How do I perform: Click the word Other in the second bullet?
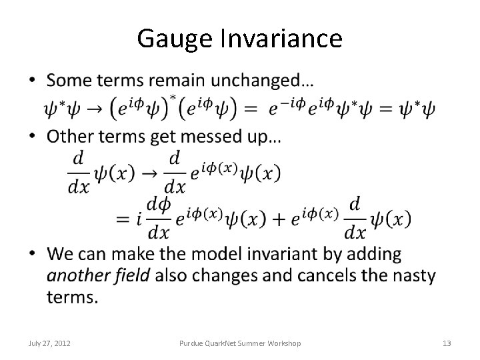[69, 137]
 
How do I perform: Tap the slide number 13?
[447, 343]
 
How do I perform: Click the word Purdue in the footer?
[193, 343]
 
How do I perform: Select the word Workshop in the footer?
[283, 343]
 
